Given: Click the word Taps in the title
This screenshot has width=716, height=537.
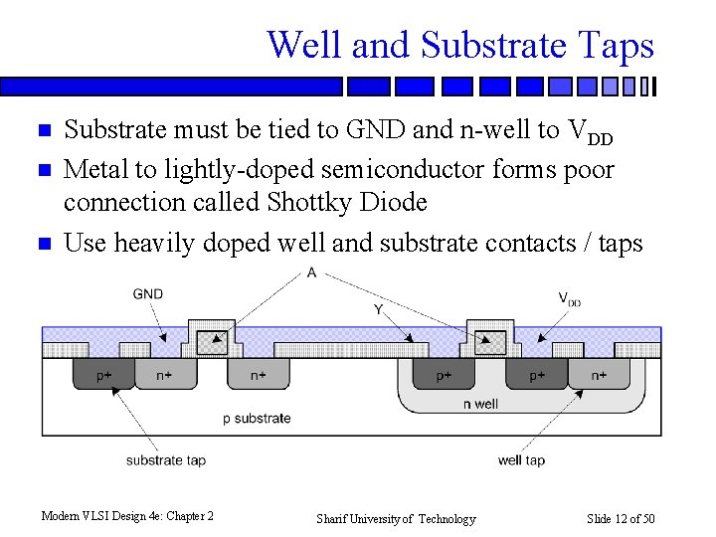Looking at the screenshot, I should coord(613,46).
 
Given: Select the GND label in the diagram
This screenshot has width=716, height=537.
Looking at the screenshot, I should coord(147,294).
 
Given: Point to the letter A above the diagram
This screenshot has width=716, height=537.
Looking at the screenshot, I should coord(312,272).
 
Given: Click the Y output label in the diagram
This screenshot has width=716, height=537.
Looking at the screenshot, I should coord(379,310).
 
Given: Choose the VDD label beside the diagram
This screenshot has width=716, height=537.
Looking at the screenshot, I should coord(569,298).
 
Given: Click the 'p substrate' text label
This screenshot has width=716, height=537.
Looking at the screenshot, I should coord(257,418).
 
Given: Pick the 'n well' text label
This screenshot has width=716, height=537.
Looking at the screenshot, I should coord(480,405).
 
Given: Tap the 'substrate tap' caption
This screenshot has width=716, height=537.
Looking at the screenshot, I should coord(166,460).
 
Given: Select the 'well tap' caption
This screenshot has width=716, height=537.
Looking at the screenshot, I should coord(521,460).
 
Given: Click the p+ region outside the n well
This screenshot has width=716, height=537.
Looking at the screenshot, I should coord(103,376).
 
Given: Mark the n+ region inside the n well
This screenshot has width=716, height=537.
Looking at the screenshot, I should coord(599,376).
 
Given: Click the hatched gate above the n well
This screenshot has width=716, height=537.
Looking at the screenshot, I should coord(488,342).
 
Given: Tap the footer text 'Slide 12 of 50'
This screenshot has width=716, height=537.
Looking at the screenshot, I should coord(621,518).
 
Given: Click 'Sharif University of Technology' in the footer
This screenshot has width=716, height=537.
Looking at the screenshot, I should coord(396,518).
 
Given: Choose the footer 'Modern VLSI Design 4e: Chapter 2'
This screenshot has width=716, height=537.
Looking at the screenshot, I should coord(127,515).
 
